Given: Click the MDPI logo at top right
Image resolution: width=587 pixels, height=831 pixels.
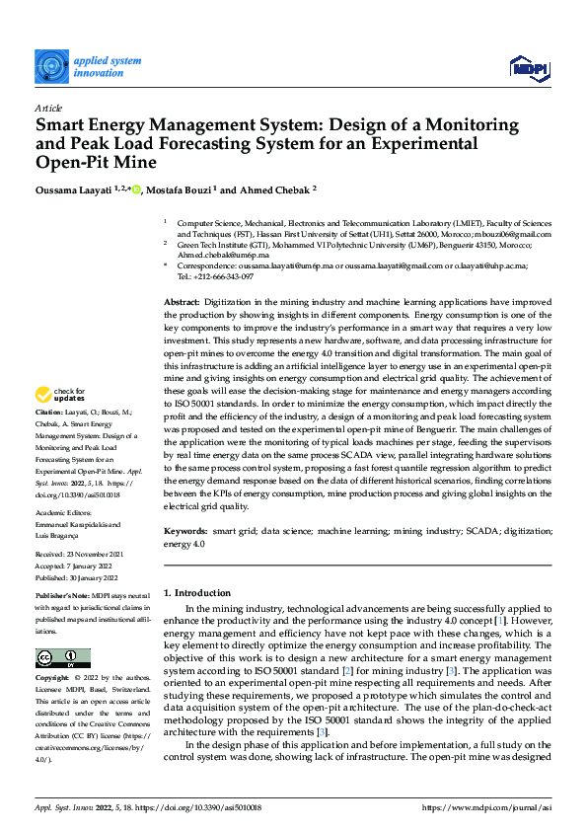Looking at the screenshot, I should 528,66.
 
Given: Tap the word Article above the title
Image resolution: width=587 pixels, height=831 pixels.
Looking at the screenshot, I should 48,108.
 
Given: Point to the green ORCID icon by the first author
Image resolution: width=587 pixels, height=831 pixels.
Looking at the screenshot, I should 137,189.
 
